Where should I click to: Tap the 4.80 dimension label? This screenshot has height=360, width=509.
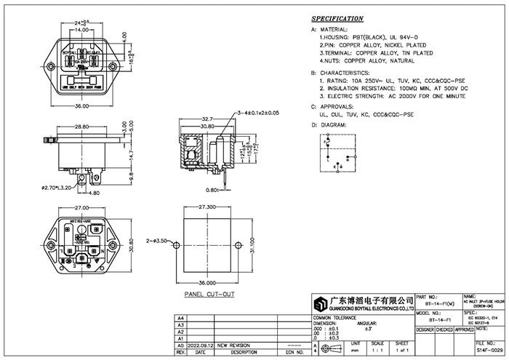[95, 193]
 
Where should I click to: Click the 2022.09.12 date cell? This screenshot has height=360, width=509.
[200, 345]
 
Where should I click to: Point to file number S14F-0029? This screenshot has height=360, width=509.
[488, 351]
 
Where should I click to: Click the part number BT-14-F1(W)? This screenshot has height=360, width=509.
[443, 304]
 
